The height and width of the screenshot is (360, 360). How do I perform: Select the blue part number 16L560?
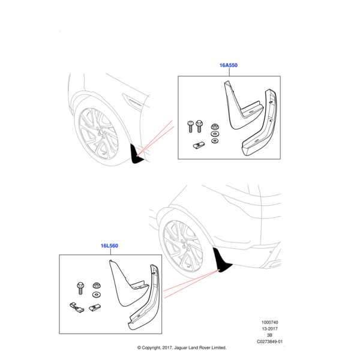click(x=109, y=246)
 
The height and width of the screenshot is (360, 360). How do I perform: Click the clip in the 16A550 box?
click(x=200, y=145)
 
